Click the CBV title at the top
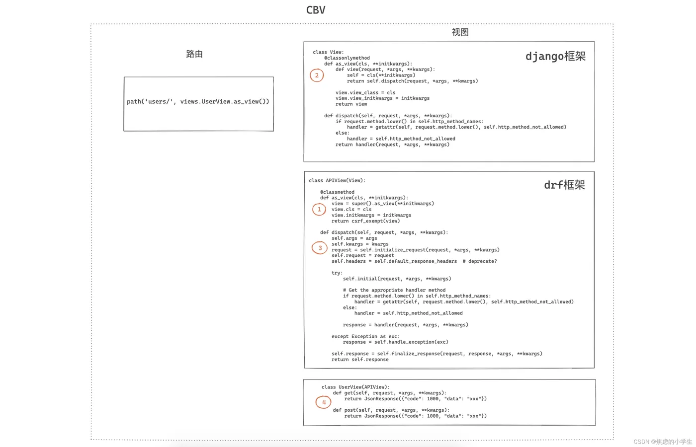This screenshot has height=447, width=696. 316,10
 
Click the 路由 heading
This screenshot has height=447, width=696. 194,54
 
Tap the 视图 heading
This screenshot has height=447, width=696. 460,32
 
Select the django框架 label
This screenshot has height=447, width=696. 555,56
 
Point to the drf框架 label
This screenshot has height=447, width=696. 564,185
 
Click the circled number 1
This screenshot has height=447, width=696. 319,210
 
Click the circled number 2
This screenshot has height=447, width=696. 317,75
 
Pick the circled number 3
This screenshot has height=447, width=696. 320,248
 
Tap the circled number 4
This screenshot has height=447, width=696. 324,402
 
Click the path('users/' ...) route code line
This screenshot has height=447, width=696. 198,102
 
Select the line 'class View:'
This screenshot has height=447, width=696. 328,52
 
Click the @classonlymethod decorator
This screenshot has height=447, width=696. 347,58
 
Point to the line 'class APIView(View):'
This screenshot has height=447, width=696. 337,181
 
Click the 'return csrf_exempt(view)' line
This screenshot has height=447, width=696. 365,221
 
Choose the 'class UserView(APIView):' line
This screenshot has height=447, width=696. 355,387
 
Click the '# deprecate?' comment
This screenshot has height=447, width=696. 479,261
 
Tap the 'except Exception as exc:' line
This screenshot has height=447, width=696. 365,336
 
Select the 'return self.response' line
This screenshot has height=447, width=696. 360,360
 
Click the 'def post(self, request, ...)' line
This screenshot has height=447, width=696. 391,410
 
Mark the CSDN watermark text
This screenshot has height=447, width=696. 662,442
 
